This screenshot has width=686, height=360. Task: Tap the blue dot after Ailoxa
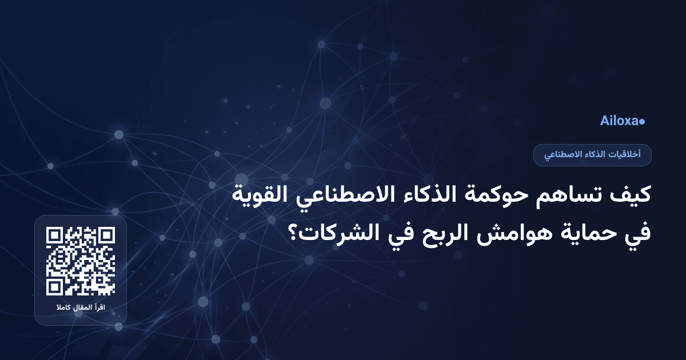click(642, 122)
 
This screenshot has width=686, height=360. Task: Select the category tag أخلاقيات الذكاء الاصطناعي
click(592, 155)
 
